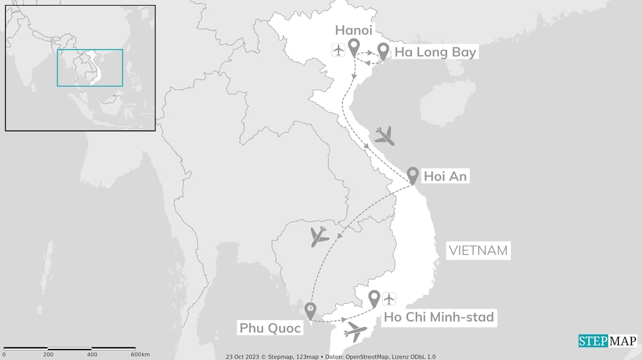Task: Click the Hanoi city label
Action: pos(354,30)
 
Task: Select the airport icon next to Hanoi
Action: pos(339,50)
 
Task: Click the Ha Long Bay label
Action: pos(435,52)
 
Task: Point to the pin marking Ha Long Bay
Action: pos(384,51)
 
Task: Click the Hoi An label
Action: pos(445,176)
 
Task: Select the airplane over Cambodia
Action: pos(318,236)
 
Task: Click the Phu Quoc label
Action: pos(270,328)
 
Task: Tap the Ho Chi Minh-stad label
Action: pos(439,317)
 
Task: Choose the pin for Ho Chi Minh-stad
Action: pos(374,298)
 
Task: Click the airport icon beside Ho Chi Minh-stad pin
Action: pos(389,299)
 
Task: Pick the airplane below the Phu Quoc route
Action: pos(356,331)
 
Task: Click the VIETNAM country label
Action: pos(478,250)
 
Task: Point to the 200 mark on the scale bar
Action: pos(48,354)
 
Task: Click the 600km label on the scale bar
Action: pos(140,354)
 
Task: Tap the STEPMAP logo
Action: pos(607,341)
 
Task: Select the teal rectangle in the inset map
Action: pos(90,68)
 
